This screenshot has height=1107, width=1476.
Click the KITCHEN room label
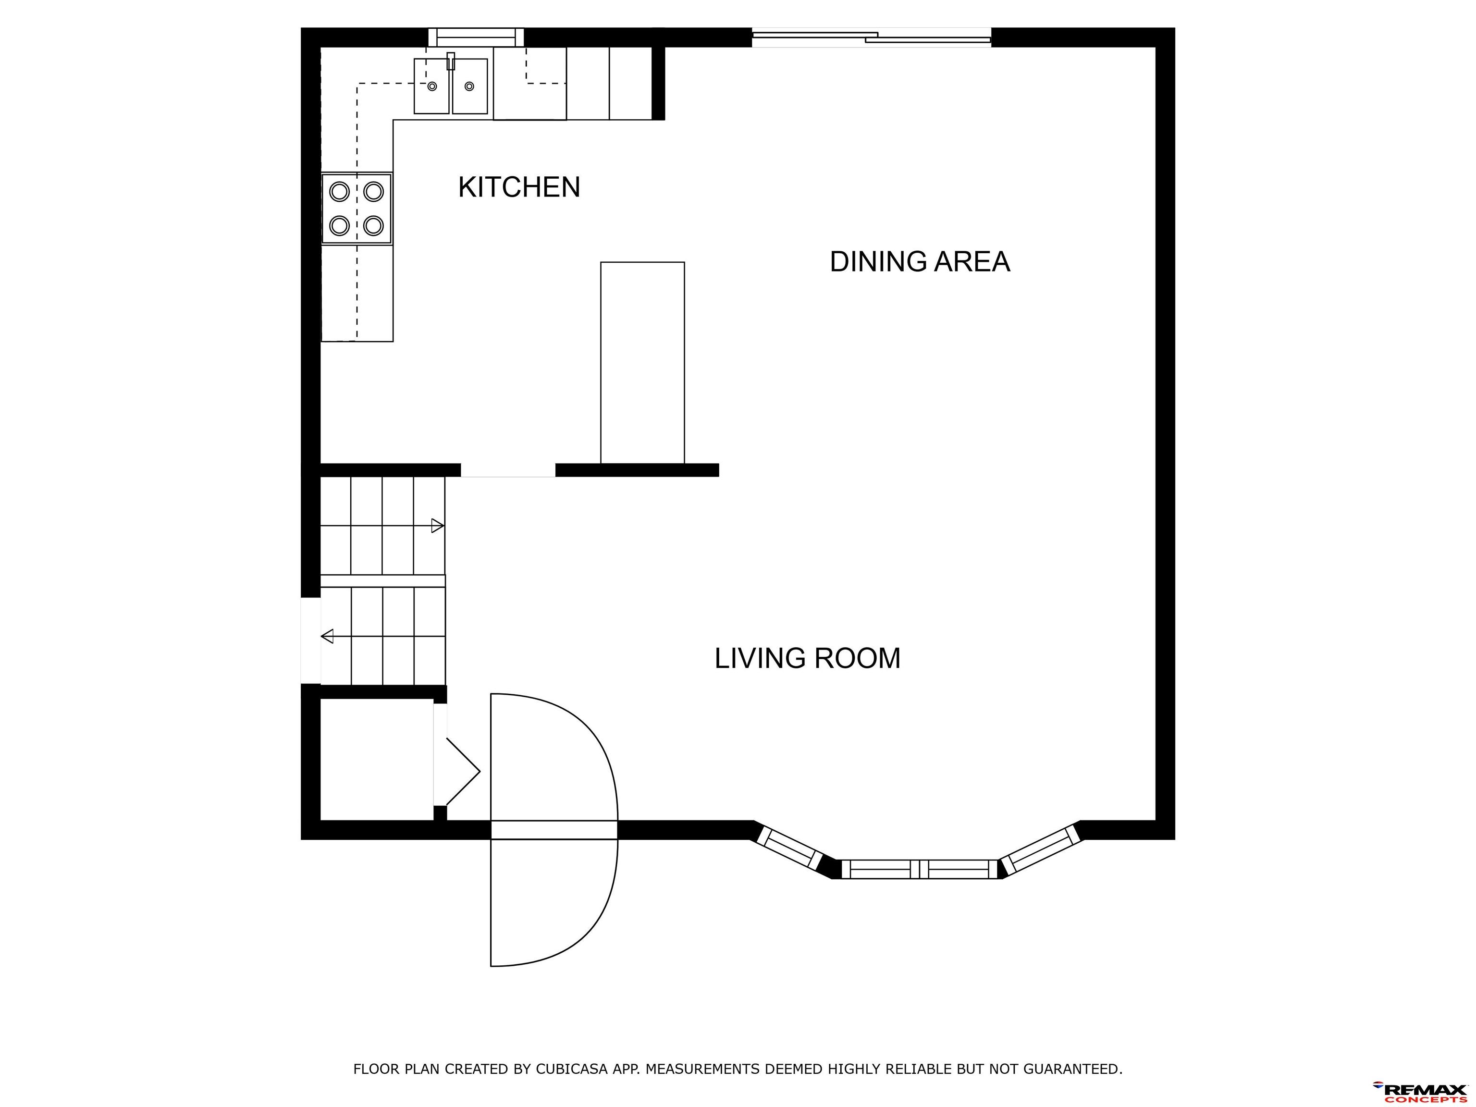coord(519,187)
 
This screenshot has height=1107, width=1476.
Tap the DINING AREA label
coord(920,261)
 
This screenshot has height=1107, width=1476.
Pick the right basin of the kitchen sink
coord(470,86)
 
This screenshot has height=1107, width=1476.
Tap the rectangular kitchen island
coord(642,362)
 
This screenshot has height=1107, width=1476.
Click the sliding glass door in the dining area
coord(872,37)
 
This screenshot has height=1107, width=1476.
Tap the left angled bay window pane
coord(789,848)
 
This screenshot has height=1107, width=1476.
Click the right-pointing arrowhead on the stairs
coord(438,526)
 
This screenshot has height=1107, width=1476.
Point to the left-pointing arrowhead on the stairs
coord(327,636)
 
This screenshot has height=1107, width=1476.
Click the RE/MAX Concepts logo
coord(1419,1092)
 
